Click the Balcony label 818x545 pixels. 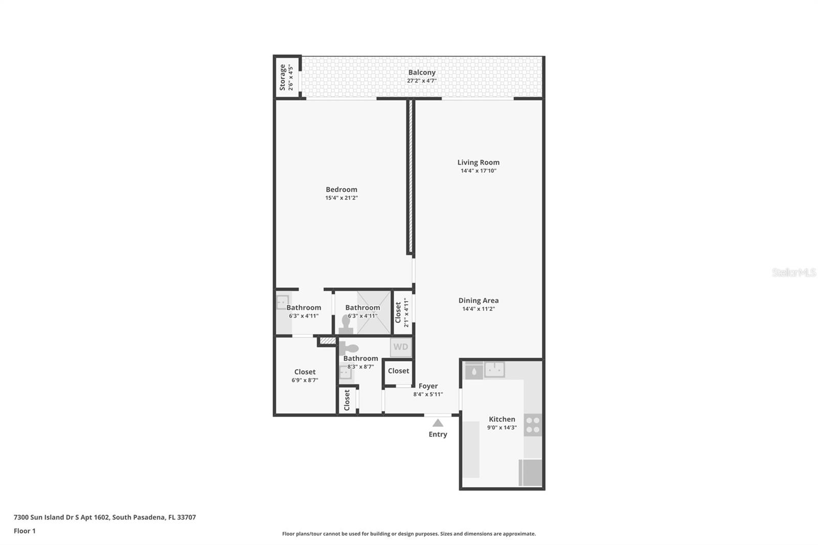[421, 73]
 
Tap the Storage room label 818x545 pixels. [282, 77]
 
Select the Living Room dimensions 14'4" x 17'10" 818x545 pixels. [478, 171]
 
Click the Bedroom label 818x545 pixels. [341, 189]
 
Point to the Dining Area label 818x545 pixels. [478, 301]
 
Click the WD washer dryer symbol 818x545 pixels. [400, 347]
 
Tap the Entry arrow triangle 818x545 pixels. [438, 423]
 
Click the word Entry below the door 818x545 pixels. [438, 434]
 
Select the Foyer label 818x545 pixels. [428, 386]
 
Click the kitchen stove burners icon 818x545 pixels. [533, 425]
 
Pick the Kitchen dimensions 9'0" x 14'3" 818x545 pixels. [502, 427]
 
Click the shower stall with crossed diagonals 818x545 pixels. [374, 312]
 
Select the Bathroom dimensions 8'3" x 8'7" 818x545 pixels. [360, 367]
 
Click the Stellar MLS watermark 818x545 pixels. [793, 272]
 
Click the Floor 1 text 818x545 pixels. [25, 531]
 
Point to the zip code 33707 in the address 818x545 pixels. [187, 517]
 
